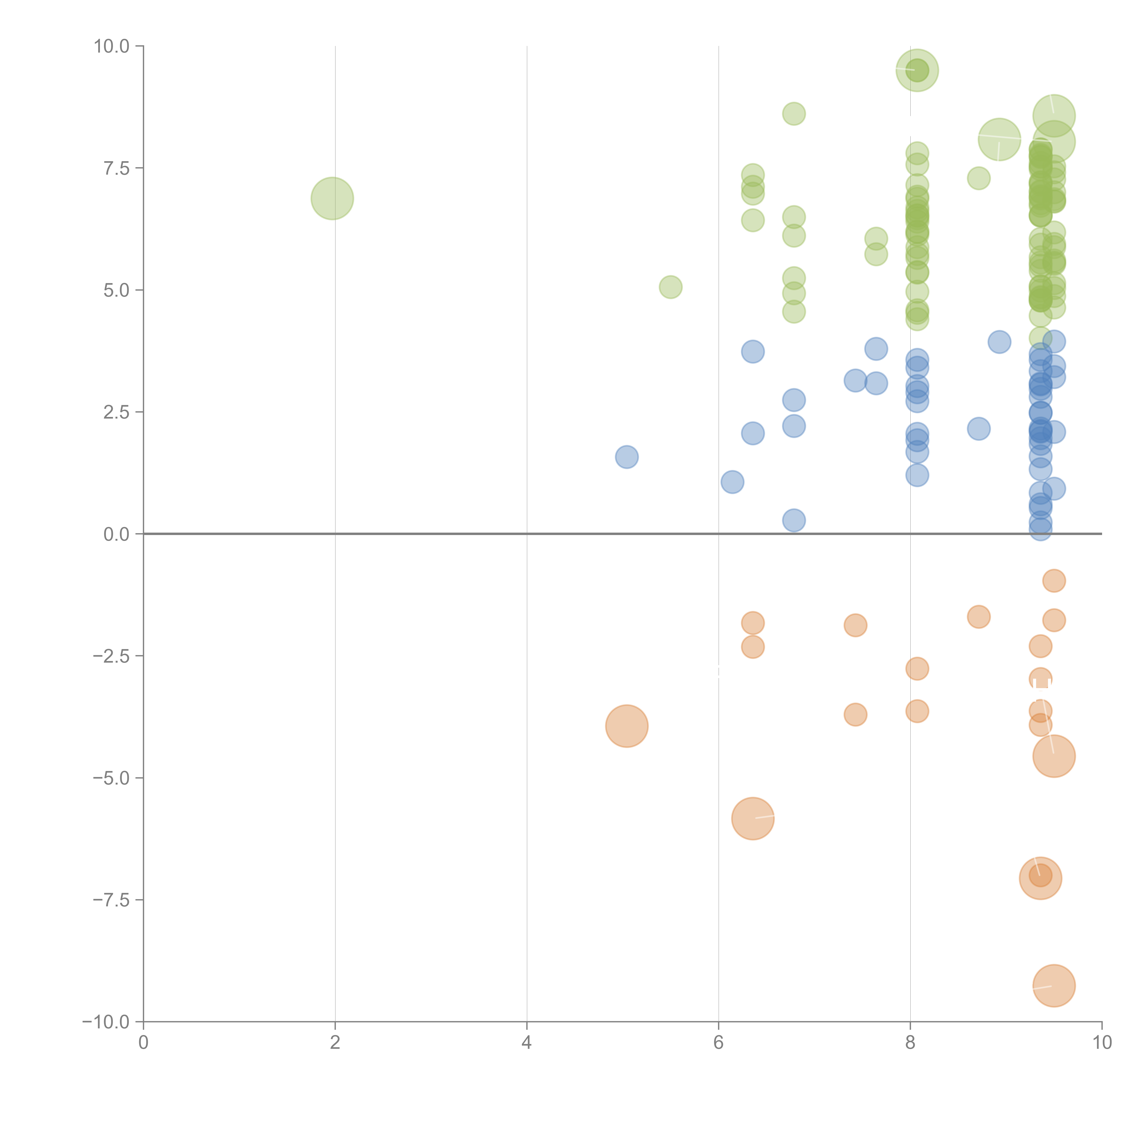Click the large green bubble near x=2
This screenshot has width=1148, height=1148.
pos(332,198)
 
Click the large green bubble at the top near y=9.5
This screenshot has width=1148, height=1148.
pos(917,70)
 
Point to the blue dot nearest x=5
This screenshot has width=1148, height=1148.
pos(626,457)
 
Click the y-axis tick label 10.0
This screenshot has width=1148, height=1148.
pos(112,46)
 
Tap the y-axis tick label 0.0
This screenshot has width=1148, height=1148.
pos(116,534)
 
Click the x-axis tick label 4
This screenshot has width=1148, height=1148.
pos(526,1043)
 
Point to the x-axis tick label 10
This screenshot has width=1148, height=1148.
pos(1102,1043)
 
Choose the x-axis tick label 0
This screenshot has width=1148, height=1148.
pos(143,1043)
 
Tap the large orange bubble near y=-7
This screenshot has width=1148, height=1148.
pos(1040,878)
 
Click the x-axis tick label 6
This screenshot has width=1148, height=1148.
pos(718,1043)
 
